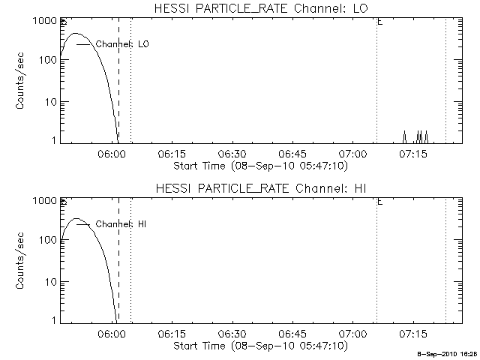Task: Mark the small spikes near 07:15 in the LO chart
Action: click(418, 136)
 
